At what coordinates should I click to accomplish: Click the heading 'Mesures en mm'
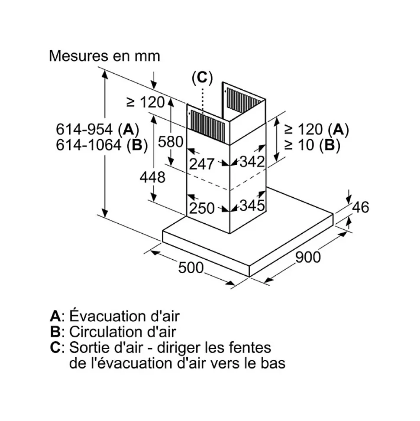click(x=104, y=56)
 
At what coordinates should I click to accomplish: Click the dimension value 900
click(x=308, y=257)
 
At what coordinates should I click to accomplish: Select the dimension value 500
click(x=191, y=268)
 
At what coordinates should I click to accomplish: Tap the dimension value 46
click(x=360, y=207)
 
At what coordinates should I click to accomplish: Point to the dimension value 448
click(x=152, y=177)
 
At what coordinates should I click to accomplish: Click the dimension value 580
click(x=172, y=141)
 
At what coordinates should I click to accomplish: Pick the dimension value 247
click(x=202, y=163)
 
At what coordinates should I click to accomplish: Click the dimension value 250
click(x=202, y=209)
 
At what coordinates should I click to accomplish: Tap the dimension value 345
click(x=252, y=206)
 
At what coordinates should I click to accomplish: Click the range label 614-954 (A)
click(x=97, y=129)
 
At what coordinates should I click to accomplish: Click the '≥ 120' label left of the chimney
click(x=145, y=102)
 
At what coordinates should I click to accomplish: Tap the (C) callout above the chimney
click(x=202, y=78)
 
